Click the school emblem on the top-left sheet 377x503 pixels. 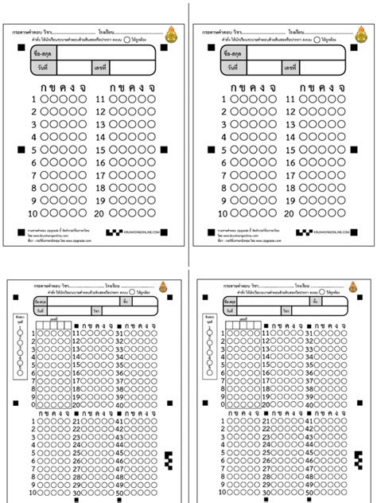pos(172,33)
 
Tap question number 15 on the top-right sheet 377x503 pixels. pos(292,150)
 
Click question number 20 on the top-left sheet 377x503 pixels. pos(100,214)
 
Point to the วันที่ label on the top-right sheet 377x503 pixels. pos(232,68)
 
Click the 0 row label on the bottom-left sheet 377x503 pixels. pos(33,404)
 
